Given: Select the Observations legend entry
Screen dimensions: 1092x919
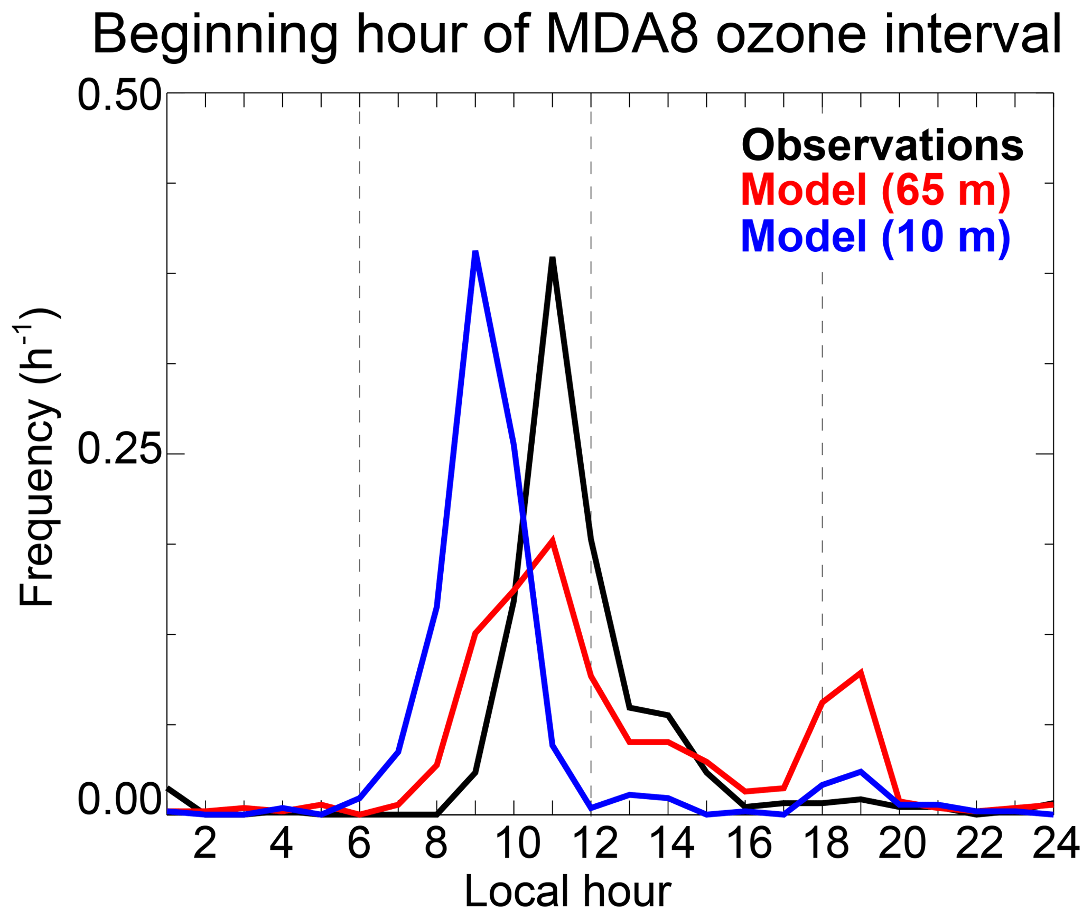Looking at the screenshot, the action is click(882, 145).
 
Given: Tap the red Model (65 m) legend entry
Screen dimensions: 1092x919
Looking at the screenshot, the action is click(875, 190).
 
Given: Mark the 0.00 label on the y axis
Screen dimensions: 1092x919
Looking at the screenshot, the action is click(119, 801).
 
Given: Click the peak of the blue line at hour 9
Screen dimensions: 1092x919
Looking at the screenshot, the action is click(475, 252).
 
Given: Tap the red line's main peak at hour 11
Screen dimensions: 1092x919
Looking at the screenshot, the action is click(553, 540).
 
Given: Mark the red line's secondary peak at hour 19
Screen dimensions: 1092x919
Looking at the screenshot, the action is click(861, 672).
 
